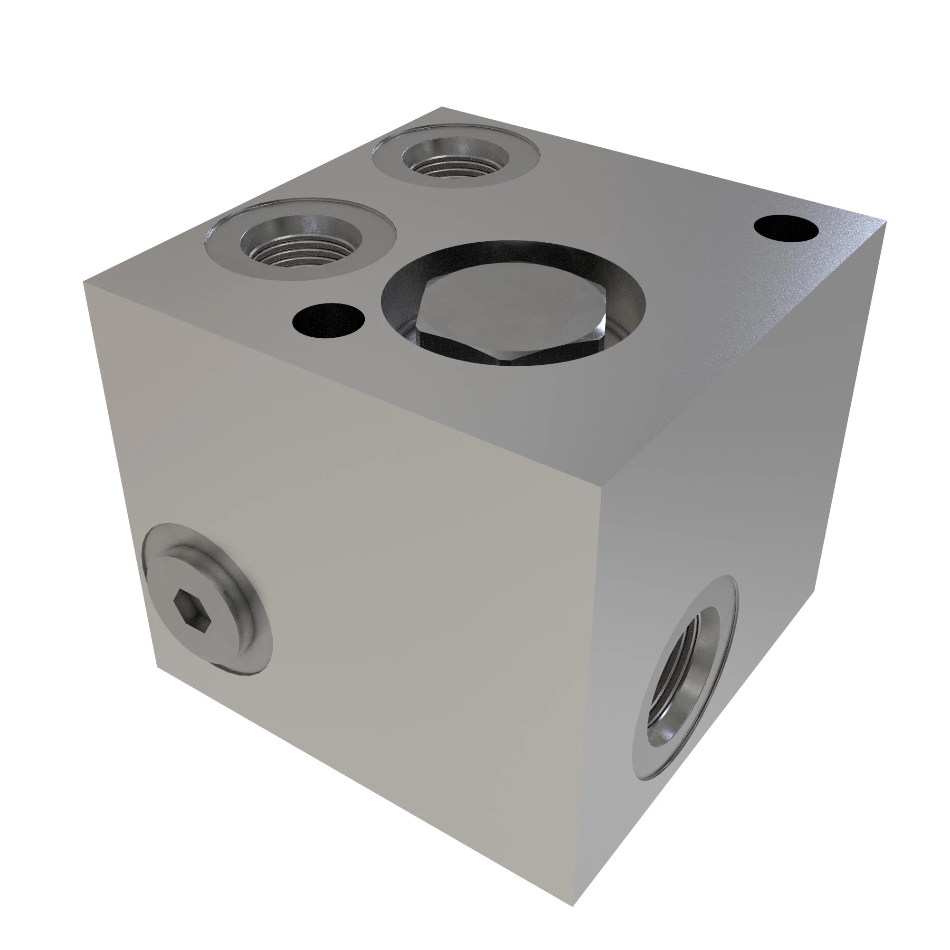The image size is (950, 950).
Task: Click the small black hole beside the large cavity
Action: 328,321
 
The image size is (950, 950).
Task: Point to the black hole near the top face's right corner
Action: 785,229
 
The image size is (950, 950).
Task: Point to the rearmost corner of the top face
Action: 442,107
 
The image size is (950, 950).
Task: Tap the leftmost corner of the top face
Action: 84,283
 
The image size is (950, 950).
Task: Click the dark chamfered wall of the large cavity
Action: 513,255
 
